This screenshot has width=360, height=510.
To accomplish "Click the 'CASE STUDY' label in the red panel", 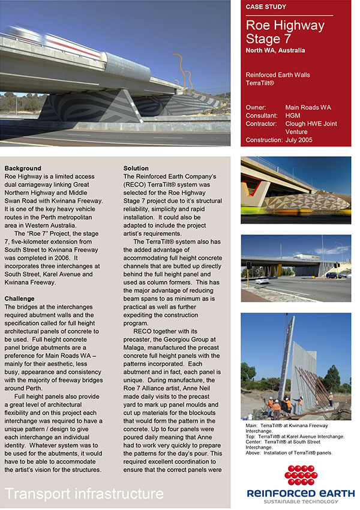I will (x=266, y=7).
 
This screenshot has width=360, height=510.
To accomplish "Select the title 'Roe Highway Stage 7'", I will (x=285, y=32).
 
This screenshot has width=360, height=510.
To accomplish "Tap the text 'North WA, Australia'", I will (x=275, y=50).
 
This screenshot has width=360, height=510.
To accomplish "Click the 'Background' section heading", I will (x=22, y=168).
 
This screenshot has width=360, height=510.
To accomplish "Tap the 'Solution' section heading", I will (x=136, y=168).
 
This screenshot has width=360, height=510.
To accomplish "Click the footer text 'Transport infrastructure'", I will (x=84, y=494).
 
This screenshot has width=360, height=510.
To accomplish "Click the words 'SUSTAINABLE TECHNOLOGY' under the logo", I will (x=300, y=500).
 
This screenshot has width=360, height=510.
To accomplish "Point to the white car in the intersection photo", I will (x=262, y=280).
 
